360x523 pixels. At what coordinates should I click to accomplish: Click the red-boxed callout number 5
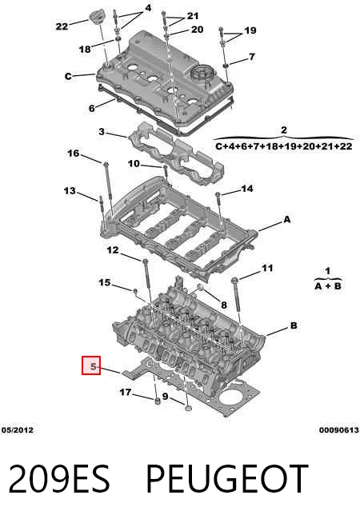click(x=91, y=365)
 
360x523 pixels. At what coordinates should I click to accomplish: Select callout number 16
click(x=74, y=154)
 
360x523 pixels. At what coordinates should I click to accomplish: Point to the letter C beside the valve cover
click(x=68, y=77)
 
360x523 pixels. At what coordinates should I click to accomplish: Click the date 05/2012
click(x=18, y=430)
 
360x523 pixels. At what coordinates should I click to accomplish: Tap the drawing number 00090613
click(x=338, y=430)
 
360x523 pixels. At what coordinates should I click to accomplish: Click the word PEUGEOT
click(x=227, y=478)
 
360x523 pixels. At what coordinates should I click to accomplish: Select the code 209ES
click(x=58, y=478)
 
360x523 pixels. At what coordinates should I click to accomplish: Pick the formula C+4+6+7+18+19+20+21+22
click(x=284, y=146)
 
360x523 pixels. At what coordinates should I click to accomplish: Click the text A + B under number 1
click(x=328, y=285)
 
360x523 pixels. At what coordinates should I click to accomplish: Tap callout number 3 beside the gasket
click(x=102, y=132)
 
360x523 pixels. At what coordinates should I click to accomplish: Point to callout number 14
click(x=247, y=189)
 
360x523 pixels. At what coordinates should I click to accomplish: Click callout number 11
click(x=267, y=268)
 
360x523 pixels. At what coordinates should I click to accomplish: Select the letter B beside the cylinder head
click(x=294, y=325)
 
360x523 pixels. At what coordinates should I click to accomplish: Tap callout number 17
click(x=126, y=392)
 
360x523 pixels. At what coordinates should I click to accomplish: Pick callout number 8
click(x=224, y=305)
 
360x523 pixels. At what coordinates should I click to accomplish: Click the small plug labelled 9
click(x=188, y=408)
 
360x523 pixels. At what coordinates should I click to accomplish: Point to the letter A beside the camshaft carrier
click(x=287, y=219)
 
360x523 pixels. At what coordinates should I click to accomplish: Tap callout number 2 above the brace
click(x=284, y=130)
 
